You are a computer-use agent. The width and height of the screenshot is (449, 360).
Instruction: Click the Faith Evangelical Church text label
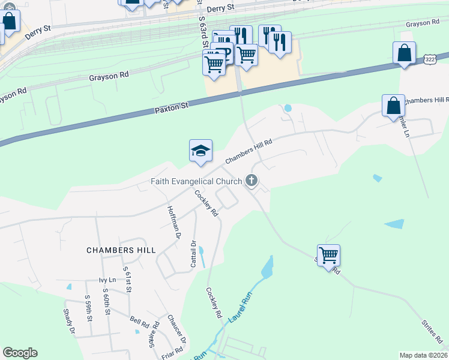(x=196, y=181)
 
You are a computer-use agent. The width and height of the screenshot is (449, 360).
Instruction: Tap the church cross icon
(x=252, y=180)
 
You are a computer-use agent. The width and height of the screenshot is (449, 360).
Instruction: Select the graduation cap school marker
(x=200, y=151)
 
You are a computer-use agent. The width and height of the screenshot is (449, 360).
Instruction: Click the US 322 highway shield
(x=429, y=59)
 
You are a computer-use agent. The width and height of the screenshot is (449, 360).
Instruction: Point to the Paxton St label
(x=172, y=107)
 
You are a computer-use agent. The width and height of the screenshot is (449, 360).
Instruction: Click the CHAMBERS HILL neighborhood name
(x=121, y=250)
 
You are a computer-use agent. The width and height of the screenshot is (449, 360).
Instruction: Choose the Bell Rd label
(x=140, y=320)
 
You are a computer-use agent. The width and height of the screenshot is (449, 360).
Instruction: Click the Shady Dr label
(x=68, y=321)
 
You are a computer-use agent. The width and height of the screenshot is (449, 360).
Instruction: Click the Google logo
(x=20, y=353)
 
